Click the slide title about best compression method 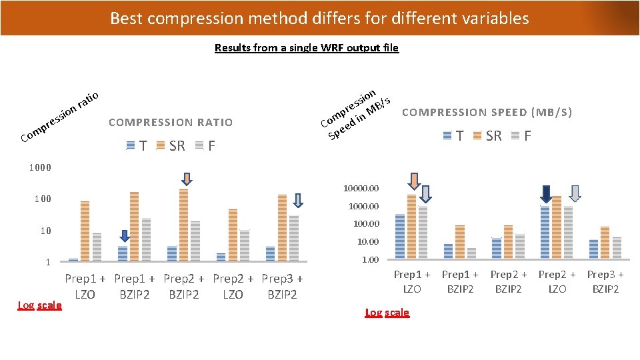319,18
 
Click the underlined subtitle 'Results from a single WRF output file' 307,47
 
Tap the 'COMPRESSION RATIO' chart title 171,122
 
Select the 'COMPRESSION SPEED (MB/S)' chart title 487,112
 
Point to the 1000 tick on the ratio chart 39,167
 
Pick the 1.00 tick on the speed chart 370,259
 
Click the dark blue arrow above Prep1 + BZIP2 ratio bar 125,236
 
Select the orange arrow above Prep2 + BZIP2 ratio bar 187,178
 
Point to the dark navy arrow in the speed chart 545,193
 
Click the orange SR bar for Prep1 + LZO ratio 85,230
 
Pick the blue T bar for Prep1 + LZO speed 400,236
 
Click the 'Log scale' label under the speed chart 387,313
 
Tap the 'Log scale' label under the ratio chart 39,305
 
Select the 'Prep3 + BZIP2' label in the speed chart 605,281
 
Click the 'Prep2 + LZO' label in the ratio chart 233,286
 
